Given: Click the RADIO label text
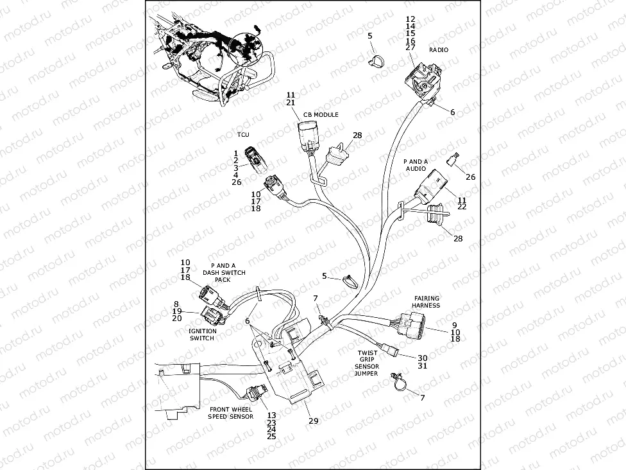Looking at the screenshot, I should [439, 49].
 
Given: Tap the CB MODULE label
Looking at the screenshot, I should [321, 114].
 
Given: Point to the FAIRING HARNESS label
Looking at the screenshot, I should [426, 302].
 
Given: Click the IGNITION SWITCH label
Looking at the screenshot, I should [202, 335].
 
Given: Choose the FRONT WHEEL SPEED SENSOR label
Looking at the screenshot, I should [230, 413].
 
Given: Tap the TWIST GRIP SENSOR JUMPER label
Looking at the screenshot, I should [368, 363].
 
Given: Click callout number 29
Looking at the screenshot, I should [313, 421].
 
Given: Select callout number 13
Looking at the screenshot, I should [271, 415].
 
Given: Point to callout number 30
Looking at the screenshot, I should [422, 358].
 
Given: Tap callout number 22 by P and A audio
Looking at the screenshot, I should [462, 207].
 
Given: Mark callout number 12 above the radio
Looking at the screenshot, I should [410, 19].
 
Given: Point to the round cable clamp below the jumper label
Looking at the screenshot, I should [398, 383].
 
